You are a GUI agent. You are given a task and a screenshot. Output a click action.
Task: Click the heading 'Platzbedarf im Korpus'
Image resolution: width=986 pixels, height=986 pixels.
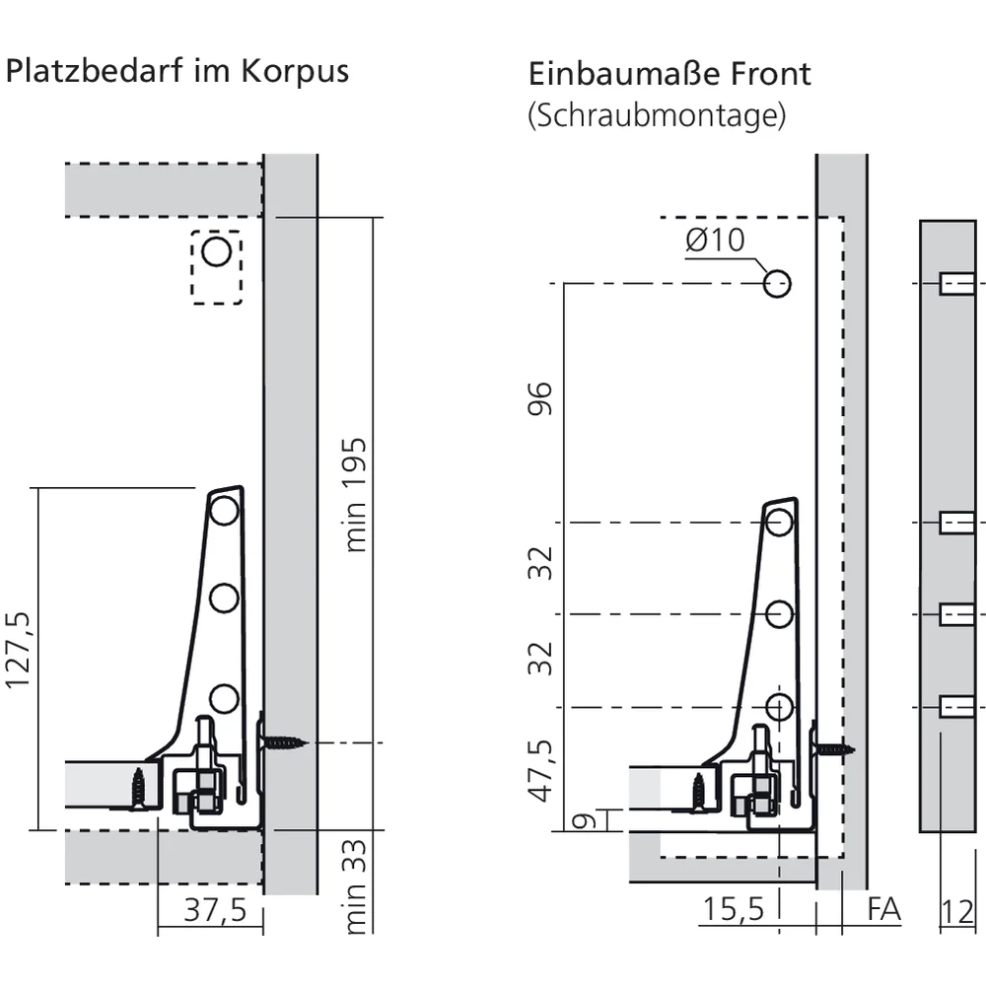[177, 72]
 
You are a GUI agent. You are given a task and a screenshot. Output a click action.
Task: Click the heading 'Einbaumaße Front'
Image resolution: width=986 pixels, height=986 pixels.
[669, 74]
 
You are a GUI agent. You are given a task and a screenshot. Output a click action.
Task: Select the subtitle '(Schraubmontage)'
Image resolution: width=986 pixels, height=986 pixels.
[657, 115]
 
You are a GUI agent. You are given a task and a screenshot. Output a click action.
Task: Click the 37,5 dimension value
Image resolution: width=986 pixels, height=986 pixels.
[215, 910]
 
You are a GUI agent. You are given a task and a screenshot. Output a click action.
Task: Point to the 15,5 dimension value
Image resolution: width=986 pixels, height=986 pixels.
[733, 910]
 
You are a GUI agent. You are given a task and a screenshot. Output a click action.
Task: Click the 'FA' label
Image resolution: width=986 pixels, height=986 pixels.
[883, 910]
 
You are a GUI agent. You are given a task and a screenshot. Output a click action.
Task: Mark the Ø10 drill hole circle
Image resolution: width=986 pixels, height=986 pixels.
[777, 284]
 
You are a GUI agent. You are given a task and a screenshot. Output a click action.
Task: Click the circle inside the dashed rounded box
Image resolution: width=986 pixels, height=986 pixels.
[216, 252]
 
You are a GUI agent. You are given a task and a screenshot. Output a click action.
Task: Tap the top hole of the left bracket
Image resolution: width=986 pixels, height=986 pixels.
[224, 511]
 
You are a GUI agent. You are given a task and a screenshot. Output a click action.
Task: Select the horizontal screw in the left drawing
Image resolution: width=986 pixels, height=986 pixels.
[284, 741]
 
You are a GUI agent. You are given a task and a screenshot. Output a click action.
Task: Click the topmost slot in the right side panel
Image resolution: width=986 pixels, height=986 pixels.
[955, 284]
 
